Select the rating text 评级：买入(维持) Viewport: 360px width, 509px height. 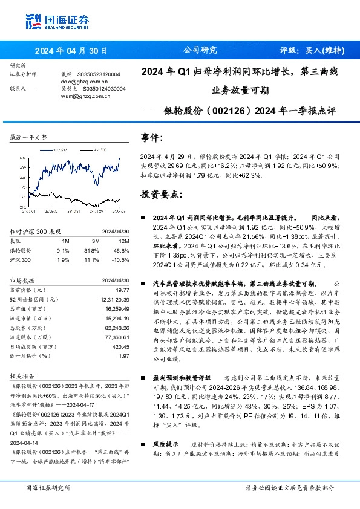click(x=313, y=50)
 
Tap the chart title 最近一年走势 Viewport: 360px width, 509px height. click(x=29, y=138)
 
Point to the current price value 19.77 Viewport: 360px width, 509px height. click(x=123, y=291)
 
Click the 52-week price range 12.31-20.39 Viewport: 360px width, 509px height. click(x=116, y=300)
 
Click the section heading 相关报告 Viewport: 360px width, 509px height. click(x=24, y=376)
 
